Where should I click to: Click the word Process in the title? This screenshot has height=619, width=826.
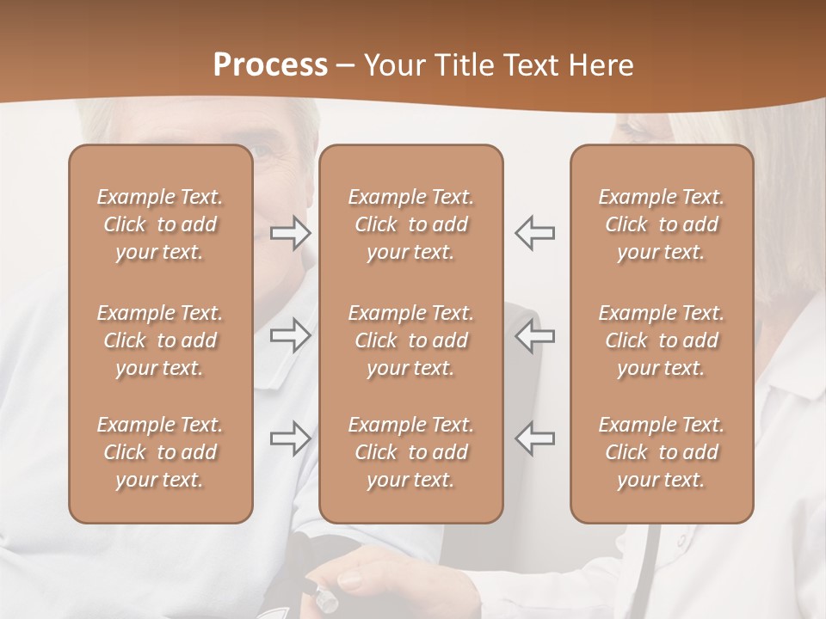coord(270,65)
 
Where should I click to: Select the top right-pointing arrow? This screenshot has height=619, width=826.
coord(291,233)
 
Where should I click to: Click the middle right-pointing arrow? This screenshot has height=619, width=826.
coord(291,335)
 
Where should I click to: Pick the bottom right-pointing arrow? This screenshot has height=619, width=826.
coord(291,438)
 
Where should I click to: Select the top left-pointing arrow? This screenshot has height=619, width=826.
coord(535,233)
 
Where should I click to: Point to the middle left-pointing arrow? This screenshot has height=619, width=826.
coord(535,335)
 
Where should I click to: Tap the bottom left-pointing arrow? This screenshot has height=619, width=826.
coord(535,438)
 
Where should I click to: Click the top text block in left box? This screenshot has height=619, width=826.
coord(160,224)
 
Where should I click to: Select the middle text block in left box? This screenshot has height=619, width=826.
coord(160,340)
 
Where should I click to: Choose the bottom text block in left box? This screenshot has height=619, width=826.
coord(160,452)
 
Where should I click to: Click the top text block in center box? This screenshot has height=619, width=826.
coord(410,224)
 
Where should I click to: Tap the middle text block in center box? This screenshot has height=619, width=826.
coord(410,340)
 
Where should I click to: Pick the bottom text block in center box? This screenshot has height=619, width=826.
coord(410,452)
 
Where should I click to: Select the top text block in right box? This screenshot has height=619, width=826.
coord(661,224)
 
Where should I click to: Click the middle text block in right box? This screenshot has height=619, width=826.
coord(661,340)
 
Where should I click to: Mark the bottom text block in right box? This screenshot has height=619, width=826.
coord(661,452)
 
